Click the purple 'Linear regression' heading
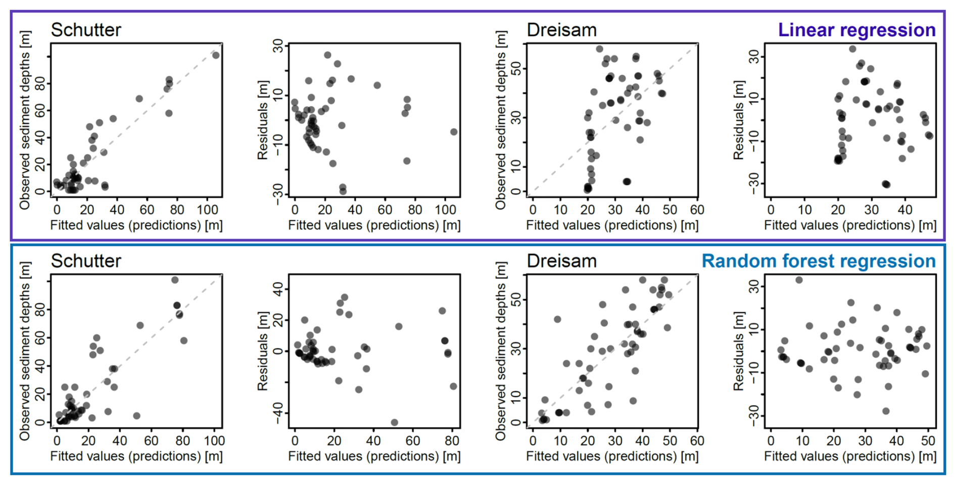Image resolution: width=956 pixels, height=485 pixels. [856, 30]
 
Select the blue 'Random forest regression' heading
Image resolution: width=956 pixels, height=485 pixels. [819, 261]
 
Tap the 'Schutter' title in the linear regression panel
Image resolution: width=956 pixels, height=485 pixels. [86, 30]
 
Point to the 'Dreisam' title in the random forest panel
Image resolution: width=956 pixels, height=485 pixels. [561, 261]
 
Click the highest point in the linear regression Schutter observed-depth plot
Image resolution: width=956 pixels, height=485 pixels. [216, 55]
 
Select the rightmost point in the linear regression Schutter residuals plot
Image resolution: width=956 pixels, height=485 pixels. [454, 132]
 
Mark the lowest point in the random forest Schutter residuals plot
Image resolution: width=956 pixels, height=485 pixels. [394, 422]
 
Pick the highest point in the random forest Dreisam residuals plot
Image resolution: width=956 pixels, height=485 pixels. [799, 280]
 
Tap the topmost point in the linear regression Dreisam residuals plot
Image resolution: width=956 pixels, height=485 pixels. [852, 49]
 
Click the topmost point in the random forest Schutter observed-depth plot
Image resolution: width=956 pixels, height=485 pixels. [175, 280]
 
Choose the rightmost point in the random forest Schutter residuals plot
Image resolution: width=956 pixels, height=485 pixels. [453, 386]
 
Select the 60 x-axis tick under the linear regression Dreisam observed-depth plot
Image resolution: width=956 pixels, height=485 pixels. [697, 210]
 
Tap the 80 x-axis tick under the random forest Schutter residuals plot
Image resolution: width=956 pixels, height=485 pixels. [452, 441]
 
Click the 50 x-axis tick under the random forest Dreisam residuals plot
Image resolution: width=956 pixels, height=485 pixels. [928, 441]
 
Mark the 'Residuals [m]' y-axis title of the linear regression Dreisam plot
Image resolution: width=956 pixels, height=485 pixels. [739, 120]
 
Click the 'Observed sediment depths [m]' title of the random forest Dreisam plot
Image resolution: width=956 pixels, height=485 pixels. [501, 351]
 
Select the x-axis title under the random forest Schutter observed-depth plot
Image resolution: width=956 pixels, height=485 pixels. [136, 456]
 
